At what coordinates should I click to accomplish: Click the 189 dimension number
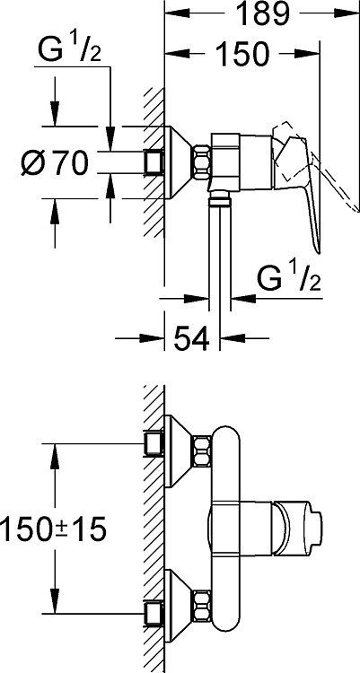click(263, 13)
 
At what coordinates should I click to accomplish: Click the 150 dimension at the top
click(241, 54)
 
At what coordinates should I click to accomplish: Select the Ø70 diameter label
click(56, 162)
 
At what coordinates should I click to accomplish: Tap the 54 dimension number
click(191, 338)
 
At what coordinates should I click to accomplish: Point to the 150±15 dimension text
click(52, 529)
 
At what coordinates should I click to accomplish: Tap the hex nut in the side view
click(201, 162)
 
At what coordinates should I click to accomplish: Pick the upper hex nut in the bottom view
click(201, 451)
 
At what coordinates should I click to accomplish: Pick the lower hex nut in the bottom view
click(201, 607)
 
